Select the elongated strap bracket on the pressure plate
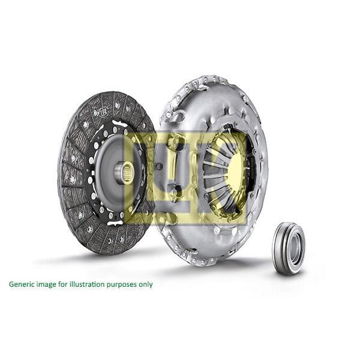pos(175,168)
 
